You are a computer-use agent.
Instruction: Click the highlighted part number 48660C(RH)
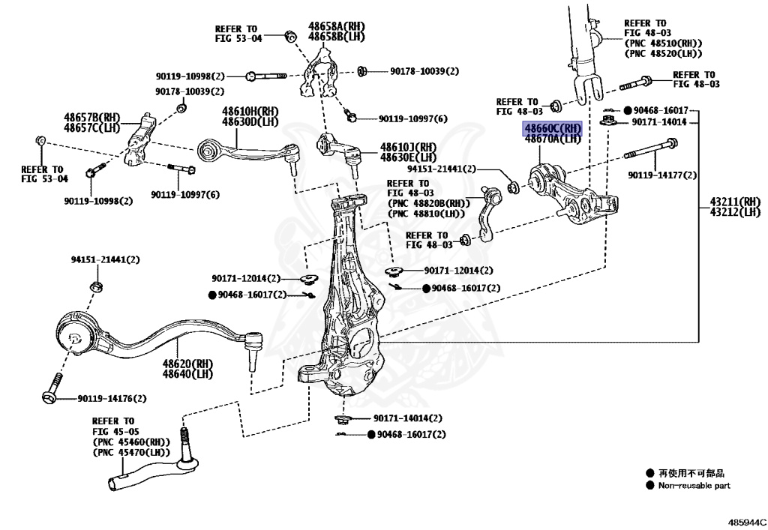(x=552, y=128)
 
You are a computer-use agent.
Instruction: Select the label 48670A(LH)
(x=552, y=139)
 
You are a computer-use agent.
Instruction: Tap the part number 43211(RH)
(x=736, y=201)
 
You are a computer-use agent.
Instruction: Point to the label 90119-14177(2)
(x=662, y=175)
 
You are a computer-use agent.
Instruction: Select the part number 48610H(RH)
(x=250, y=112)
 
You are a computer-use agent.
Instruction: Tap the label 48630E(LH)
(x=407, y=157)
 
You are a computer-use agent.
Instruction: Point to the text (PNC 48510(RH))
(x=662, y=43)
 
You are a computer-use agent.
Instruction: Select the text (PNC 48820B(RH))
(x=428, y=203)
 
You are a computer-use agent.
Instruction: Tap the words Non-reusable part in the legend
(x=694, y=486)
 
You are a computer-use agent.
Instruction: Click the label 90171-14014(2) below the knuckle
(x=407, y=418)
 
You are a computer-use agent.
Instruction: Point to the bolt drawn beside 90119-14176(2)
(x=51, y=389)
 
